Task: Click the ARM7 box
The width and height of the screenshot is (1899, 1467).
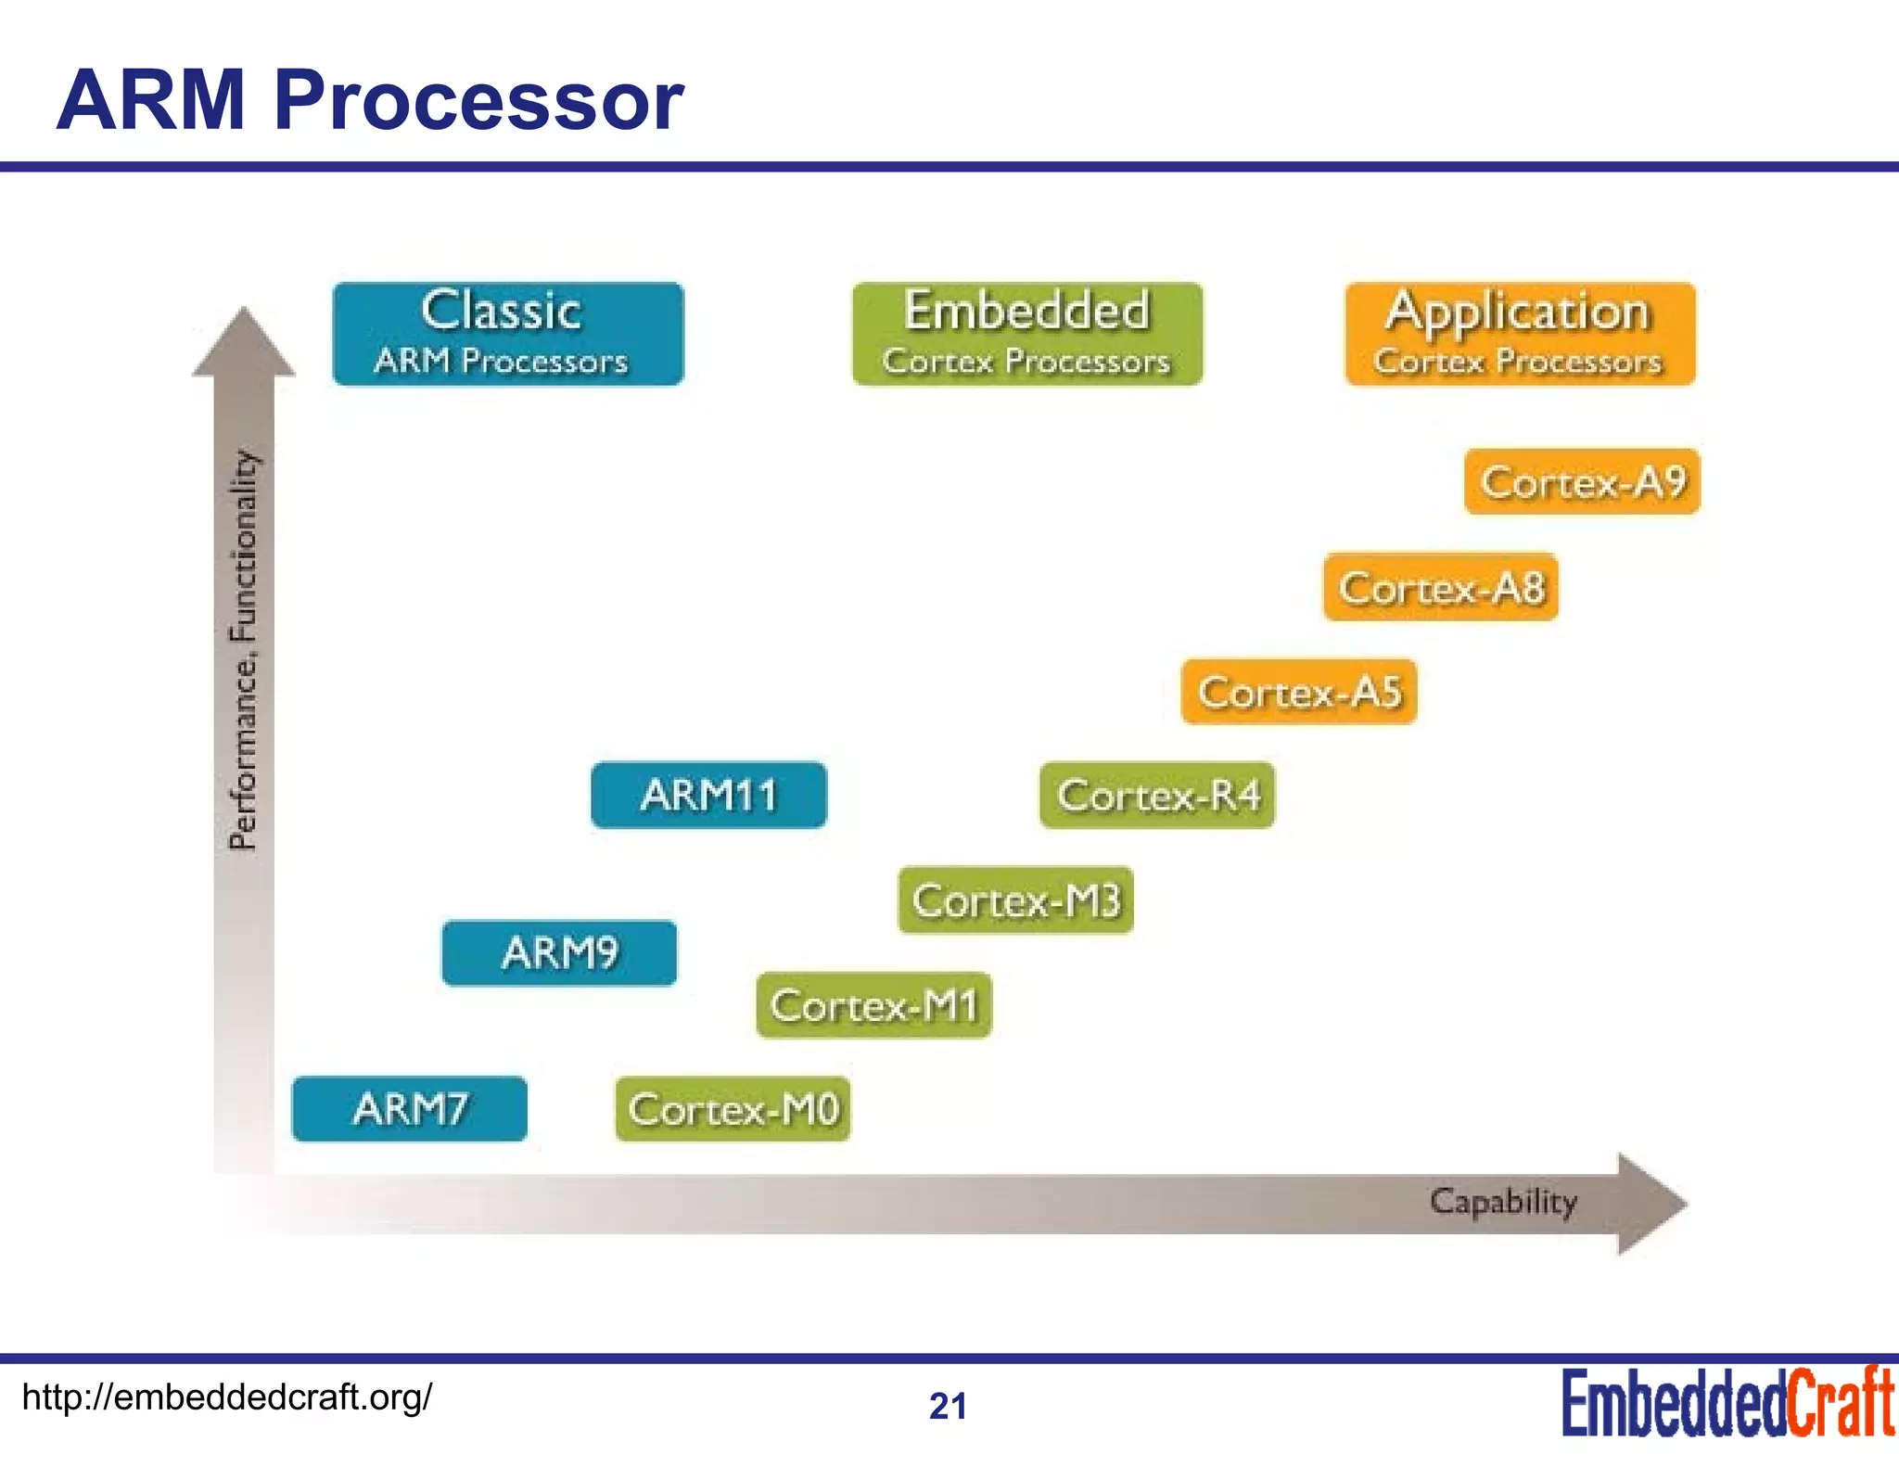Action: (409, 1108)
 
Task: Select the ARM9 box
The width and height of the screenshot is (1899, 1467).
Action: (559, 952)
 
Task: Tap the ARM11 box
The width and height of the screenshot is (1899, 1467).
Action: (708, 795)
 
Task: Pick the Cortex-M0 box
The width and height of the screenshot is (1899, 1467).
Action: (733, 1109)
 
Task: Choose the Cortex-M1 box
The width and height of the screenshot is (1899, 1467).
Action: (873, 1005)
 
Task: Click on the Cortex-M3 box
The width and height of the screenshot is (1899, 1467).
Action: (1015, 900)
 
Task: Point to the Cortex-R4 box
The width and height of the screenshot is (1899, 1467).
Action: (1157, 796)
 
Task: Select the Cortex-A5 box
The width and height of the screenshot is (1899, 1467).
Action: (1299, 692)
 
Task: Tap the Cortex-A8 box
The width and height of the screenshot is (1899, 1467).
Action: (1441, 587)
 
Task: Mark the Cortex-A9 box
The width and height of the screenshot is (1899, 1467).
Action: (1582, 481)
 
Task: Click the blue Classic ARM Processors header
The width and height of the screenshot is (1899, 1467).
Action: (508, 334)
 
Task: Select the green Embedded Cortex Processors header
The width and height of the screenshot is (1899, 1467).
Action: (1027, 334)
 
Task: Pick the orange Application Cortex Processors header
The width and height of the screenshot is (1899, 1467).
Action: (1520, 334)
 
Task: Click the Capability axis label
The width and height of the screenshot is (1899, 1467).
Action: (1502, 1202)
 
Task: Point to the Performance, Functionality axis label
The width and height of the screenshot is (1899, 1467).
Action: (243, 649)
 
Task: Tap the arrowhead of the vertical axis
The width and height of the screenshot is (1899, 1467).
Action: (244, 345)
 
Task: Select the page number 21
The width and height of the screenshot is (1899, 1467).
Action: (948, 1406)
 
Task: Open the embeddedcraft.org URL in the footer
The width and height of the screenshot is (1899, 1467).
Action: (226, 1397)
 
